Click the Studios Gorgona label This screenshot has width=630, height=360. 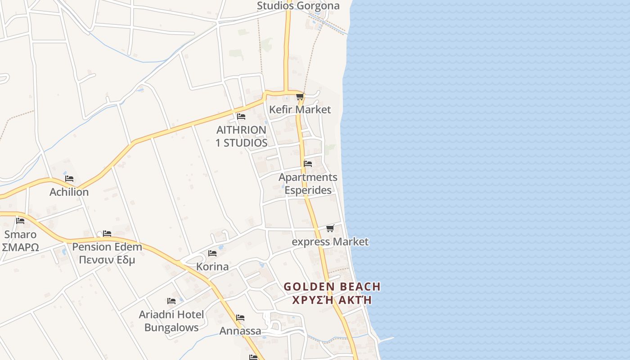click(x=298, y=6)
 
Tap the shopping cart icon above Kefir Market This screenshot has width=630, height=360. click(x=300, y=96)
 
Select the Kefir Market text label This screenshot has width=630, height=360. click(x=300, y=109)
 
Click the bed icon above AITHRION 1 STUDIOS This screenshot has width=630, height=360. click(x=241, y=117)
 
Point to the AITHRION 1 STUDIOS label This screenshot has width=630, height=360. click(x=242, y=136)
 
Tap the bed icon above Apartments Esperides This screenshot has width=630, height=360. click(x=308, y=163)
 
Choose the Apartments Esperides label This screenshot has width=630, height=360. click(x=308, y=184)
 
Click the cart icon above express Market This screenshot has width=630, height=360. click(x=330, y=229)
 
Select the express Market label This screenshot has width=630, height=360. click(x=330, y=242)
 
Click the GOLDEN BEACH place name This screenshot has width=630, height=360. click(x=332, y=287)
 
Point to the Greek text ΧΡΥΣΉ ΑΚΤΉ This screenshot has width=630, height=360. click(x=332, y=300)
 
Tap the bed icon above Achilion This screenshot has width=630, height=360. click(x=69, y=179)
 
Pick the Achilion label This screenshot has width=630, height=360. click(x=69, y=192)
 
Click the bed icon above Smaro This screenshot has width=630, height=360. click(x=20, y=221)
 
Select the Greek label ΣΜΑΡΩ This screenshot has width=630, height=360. click(x=20, y=247)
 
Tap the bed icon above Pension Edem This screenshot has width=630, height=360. click(x=107, y=234)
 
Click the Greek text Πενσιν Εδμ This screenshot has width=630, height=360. click(x=107, y=260)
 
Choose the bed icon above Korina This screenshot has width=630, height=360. click(x=212, y=253)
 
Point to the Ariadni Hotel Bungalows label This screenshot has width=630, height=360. click(x=171, y=321)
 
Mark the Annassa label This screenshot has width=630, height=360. click(x=240, y=331)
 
